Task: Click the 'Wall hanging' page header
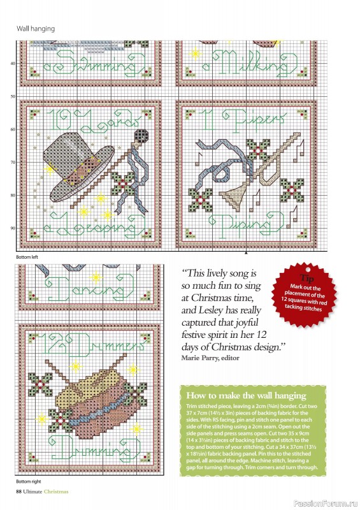coord(36,29)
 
